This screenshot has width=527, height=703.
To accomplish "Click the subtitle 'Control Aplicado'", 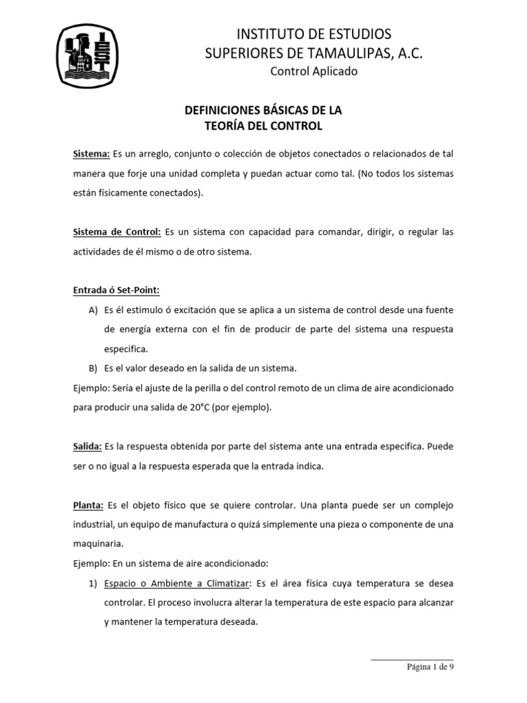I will click(314, 71).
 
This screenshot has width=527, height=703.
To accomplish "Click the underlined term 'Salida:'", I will click(88, 446).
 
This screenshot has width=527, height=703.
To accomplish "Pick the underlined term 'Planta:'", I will click(89, 505).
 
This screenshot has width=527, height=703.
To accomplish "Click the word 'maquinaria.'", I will click(99, 544).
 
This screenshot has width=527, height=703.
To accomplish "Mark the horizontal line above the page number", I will click(412, 659).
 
